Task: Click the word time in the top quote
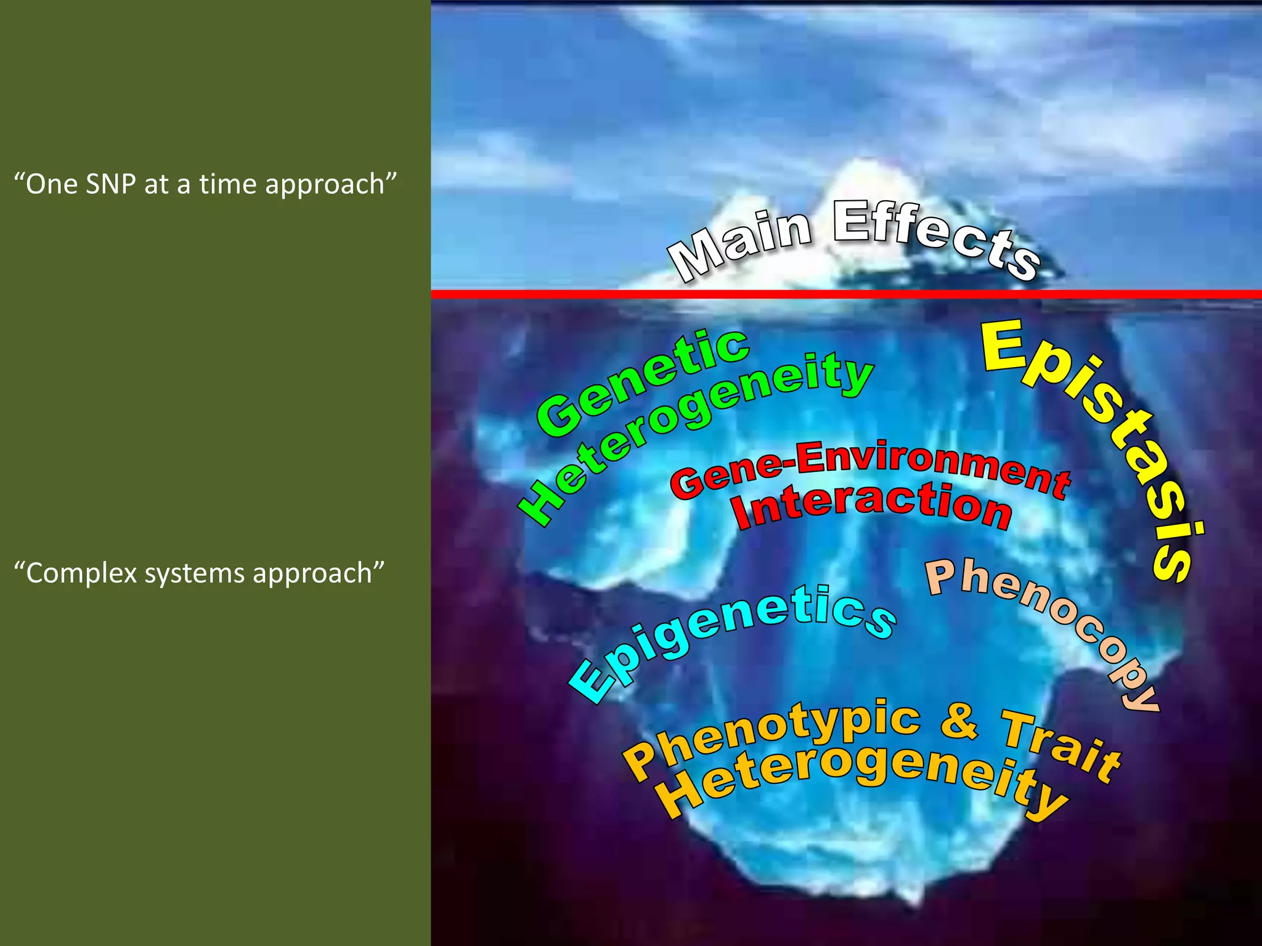(x=227, y=184)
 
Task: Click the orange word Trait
(x=1060, y=745)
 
